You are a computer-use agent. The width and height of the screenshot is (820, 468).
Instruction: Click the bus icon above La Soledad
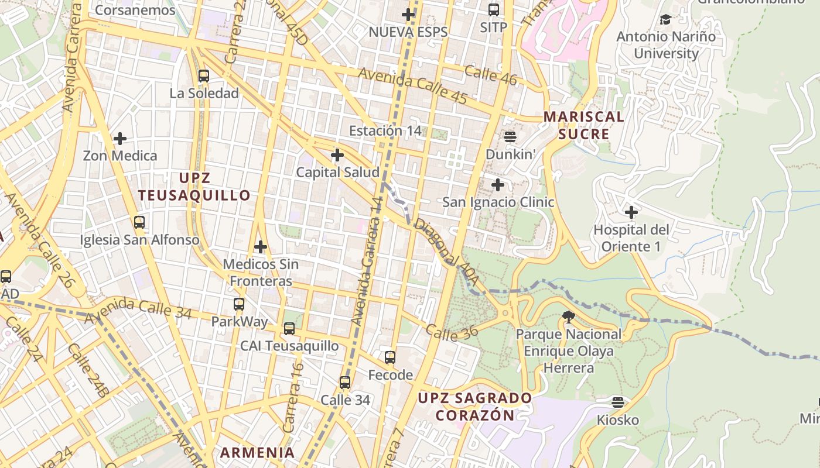tap(204, 76)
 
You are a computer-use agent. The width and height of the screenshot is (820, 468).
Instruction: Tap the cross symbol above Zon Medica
tap(120, 139)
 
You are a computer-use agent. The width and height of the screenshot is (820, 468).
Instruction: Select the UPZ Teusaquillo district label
tap(194, 187)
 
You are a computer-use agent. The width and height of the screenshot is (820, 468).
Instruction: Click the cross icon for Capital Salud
tap(337, 155)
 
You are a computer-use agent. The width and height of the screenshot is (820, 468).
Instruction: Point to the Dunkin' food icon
tap(510, 137)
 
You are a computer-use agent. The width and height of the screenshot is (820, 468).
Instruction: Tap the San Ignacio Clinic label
tap(498, 202)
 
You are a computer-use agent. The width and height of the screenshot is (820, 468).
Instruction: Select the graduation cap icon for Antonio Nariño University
tap(665, 20)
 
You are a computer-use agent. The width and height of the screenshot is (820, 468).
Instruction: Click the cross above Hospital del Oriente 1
tap(631, 212)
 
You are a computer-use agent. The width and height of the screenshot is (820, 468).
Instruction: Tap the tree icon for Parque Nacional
tap(568, 317)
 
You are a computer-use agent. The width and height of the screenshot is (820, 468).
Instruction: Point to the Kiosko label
tap(618, 420)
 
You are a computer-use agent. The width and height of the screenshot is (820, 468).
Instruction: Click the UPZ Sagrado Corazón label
tap(475, 407)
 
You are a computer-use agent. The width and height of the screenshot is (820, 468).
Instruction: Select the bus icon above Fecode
tap(390, 357)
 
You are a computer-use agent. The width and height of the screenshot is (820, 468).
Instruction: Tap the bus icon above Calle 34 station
tap(345, 383)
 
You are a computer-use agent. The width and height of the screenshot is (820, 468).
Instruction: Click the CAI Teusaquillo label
tap(289, 346)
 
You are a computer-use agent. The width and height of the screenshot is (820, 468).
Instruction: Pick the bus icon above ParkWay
tap(239, 304)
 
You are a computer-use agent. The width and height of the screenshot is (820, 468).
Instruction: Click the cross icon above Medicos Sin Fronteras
tap(261, 247)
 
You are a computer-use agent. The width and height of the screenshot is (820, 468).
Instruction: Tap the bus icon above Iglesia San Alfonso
tap(139, 222)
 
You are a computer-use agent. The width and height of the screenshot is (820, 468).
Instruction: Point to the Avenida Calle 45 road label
tap(412, 86)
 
